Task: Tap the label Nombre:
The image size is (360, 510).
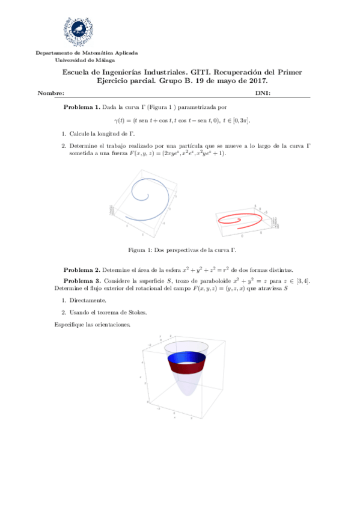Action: (x=50, y=94)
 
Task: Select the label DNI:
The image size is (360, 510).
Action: (x=263, y=94)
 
